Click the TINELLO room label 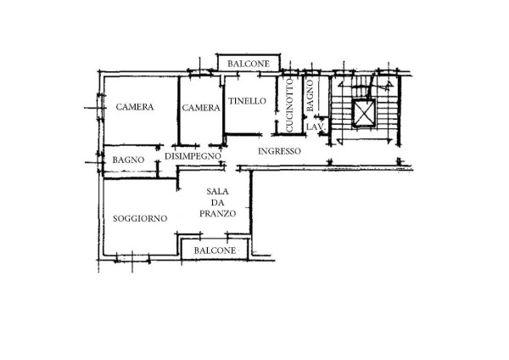point(247,101)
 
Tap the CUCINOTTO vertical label point(289,105)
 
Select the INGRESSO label point(279,151)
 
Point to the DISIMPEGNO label point(193,156)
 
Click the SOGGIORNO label point(140,219)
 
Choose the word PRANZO point(217,213)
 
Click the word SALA point(217,191)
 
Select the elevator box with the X point(364,112)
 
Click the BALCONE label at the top point(249,64)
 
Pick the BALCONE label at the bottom point(215,250)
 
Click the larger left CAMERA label point(135,107)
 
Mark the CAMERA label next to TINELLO point(201,108)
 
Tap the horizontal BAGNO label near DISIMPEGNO point(128,160)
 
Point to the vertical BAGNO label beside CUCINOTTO point(310,96)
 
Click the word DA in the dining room point(217,203)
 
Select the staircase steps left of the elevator point(341,112)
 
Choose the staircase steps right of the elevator point(386,112)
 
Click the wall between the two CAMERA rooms point(178,110)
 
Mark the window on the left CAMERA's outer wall point(101,107)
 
